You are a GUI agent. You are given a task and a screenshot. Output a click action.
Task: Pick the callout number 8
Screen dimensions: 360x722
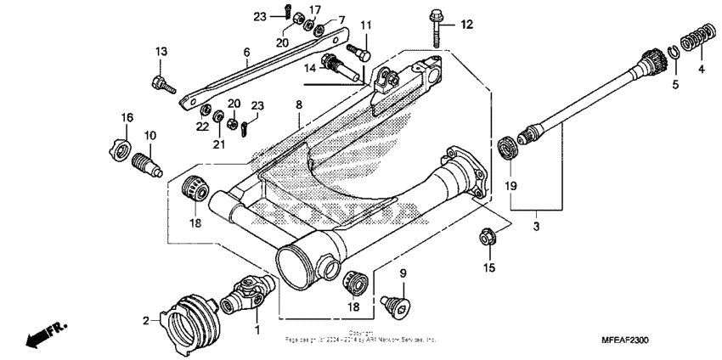tap(299, 104)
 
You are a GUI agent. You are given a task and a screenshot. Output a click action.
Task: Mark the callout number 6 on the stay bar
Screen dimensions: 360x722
tap(246, 53)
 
